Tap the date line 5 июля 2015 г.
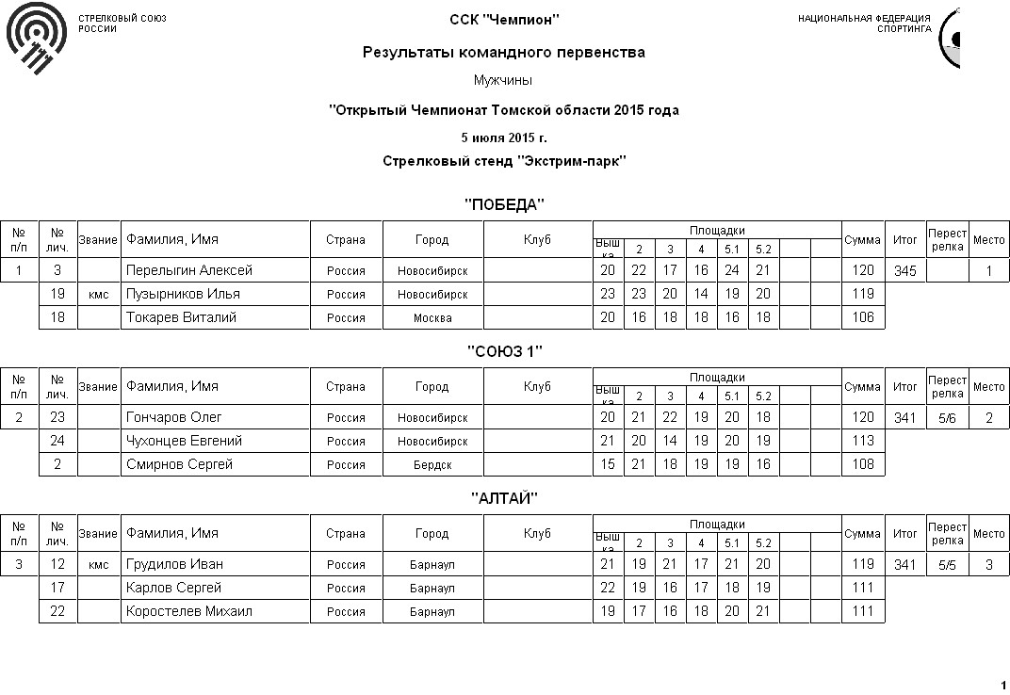504,137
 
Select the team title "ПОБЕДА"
505,205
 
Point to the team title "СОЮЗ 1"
505,351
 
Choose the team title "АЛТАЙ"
505,498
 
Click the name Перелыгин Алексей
189,270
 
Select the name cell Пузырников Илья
183,294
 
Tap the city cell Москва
432,318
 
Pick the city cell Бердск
432,465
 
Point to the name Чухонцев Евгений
185,441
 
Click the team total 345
904,271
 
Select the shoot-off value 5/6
946,418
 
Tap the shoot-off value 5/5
946,565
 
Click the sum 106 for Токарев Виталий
862,318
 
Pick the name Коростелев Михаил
189,611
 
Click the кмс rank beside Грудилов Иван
98,565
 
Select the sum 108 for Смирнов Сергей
862,464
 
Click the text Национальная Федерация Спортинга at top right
864,23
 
